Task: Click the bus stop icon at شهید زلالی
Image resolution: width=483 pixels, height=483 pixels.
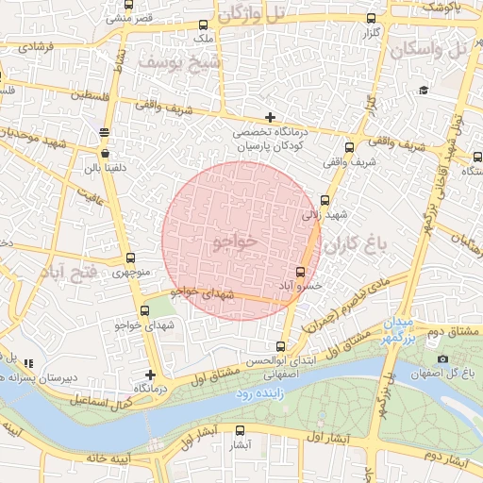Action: (x=325, y=201)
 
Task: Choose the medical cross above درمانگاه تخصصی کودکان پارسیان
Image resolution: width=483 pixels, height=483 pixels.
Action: (x=271, y=118)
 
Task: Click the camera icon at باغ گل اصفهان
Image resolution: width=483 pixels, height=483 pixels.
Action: (x=443, y=359)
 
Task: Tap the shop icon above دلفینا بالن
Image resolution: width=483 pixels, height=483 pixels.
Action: (x=103, y=152)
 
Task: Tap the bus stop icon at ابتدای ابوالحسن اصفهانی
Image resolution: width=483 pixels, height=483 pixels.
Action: (x=280, y=346)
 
